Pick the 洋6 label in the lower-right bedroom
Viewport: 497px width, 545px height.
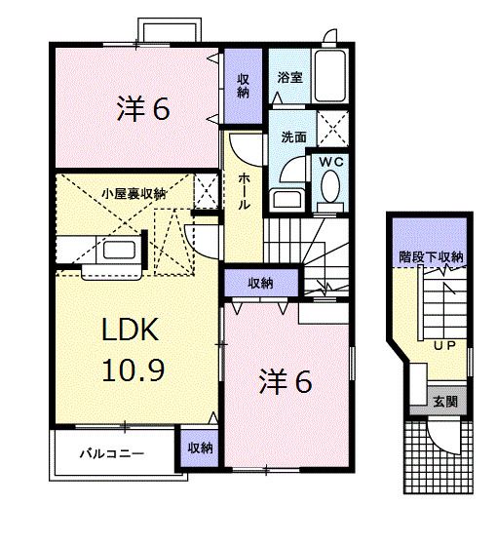(x=284, y=383)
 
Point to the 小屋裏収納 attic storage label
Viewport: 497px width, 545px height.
(x=134, y=193)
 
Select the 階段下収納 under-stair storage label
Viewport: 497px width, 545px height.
(x=430, y=257)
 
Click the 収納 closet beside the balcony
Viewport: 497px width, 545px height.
(x=199, y=448)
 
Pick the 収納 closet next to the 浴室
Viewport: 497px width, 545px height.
(x=243, y=86)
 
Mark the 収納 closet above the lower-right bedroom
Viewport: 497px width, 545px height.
(x=259, y=284)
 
